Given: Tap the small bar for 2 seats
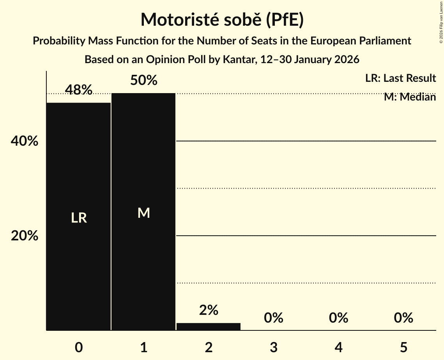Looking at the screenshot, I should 209,326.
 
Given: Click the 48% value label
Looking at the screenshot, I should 79,90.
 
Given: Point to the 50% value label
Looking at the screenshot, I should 143,80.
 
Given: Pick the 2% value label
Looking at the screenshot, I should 209,310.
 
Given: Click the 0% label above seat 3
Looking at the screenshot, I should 273,318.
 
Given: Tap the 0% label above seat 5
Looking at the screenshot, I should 403,318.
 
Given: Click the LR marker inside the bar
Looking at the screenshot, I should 79,218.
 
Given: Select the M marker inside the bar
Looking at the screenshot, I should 143,213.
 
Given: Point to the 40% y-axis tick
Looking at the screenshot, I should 25,141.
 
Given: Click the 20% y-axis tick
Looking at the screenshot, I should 25,236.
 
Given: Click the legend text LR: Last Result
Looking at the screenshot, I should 400,78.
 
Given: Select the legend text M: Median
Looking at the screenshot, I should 410,97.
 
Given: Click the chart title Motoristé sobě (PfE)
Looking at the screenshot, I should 222,19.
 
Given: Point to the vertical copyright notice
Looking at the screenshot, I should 441,22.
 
